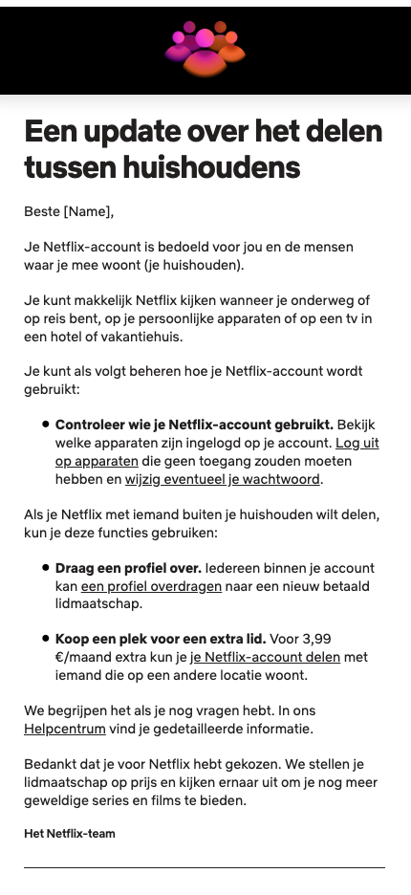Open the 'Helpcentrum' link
tap(64, 730)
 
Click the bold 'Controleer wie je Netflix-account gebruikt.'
tap(194, 425)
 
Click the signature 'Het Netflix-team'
tap(70, 834)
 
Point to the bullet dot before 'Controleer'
tap(46, 424)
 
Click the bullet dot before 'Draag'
tap(46, 567)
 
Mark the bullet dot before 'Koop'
tap(46, 638)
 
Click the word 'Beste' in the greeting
tap(42, 211)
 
